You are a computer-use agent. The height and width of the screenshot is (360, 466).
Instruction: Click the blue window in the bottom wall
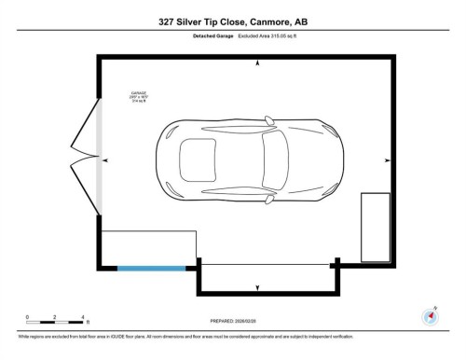tap(152, 267)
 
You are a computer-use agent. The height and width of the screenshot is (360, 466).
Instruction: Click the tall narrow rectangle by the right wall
tap(376, 227)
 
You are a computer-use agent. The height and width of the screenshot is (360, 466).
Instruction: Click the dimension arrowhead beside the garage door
tap(105, 160)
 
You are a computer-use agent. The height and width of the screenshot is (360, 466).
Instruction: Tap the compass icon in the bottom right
tap(430, 316)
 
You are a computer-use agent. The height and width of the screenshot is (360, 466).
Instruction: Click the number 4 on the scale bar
tap(83, 316)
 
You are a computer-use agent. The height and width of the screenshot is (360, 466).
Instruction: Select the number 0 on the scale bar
tap(27, 316)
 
